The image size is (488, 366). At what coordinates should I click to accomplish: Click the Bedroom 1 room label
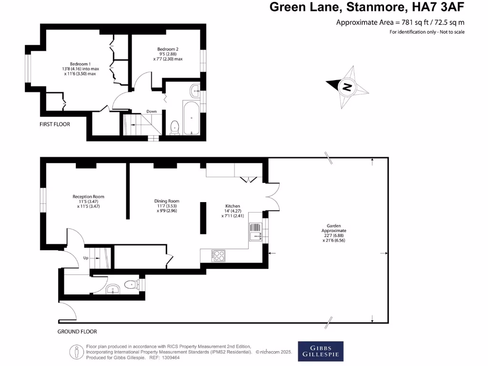tap(80, 64)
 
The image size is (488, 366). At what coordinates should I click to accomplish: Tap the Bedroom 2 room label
tap(168, 49)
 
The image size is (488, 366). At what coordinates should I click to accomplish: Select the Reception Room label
tap(88, 196)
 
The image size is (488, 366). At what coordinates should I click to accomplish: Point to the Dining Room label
tap(167, 201)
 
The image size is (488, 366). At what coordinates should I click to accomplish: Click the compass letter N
tap(347, 87)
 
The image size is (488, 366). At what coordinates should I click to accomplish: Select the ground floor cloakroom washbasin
tap(113, 288)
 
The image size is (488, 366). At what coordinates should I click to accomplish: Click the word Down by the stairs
tap(152, 112)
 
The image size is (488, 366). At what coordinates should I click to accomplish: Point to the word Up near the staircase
tap(86, 258)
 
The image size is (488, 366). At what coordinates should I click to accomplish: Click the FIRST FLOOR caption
tap(55, 124)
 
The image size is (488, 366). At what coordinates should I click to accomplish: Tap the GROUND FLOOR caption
tap(77, 332)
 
